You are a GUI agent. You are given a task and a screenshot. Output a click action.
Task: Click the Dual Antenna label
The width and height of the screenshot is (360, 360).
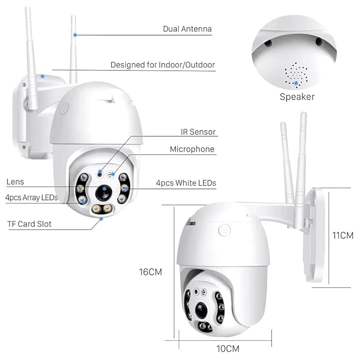point(187,29)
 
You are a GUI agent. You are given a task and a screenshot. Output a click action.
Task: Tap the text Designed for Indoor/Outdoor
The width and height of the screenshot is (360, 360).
point(162,65)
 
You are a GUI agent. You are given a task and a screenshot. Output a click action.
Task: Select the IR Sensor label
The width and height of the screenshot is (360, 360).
point(198,131)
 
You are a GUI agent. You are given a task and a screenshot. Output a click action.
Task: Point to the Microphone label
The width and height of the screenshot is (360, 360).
point(192,150)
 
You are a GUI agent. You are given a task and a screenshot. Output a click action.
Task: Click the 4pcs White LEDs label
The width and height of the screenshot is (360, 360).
point(186,183)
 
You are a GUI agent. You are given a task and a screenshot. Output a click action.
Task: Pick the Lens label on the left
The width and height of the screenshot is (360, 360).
point(15,182)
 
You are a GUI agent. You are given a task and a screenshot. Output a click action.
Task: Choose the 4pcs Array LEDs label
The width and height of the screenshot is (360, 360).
point(31,198)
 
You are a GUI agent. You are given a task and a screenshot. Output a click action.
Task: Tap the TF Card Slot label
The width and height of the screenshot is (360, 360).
point(29,224)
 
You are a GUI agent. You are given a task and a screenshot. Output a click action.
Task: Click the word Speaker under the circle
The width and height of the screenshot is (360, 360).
point(297,96)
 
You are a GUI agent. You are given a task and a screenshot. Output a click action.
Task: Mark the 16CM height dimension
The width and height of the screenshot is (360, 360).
point(151,271)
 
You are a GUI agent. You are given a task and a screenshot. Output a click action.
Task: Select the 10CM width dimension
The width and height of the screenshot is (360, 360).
point(228,348)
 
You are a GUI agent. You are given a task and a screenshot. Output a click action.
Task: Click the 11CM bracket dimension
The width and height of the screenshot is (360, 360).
point(343,235)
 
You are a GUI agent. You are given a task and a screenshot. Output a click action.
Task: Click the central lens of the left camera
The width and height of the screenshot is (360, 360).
point(104,192)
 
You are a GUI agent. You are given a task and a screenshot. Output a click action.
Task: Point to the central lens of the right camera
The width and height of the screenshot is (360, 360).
point(202,310)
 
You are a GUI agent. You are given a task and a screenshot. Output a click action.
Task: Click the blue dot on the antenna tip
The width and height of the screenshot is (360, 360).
point(75,34)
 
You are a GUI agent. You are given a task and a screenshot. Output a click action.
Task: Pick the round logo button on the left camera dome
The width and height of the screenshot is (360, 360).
point(65,109)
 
